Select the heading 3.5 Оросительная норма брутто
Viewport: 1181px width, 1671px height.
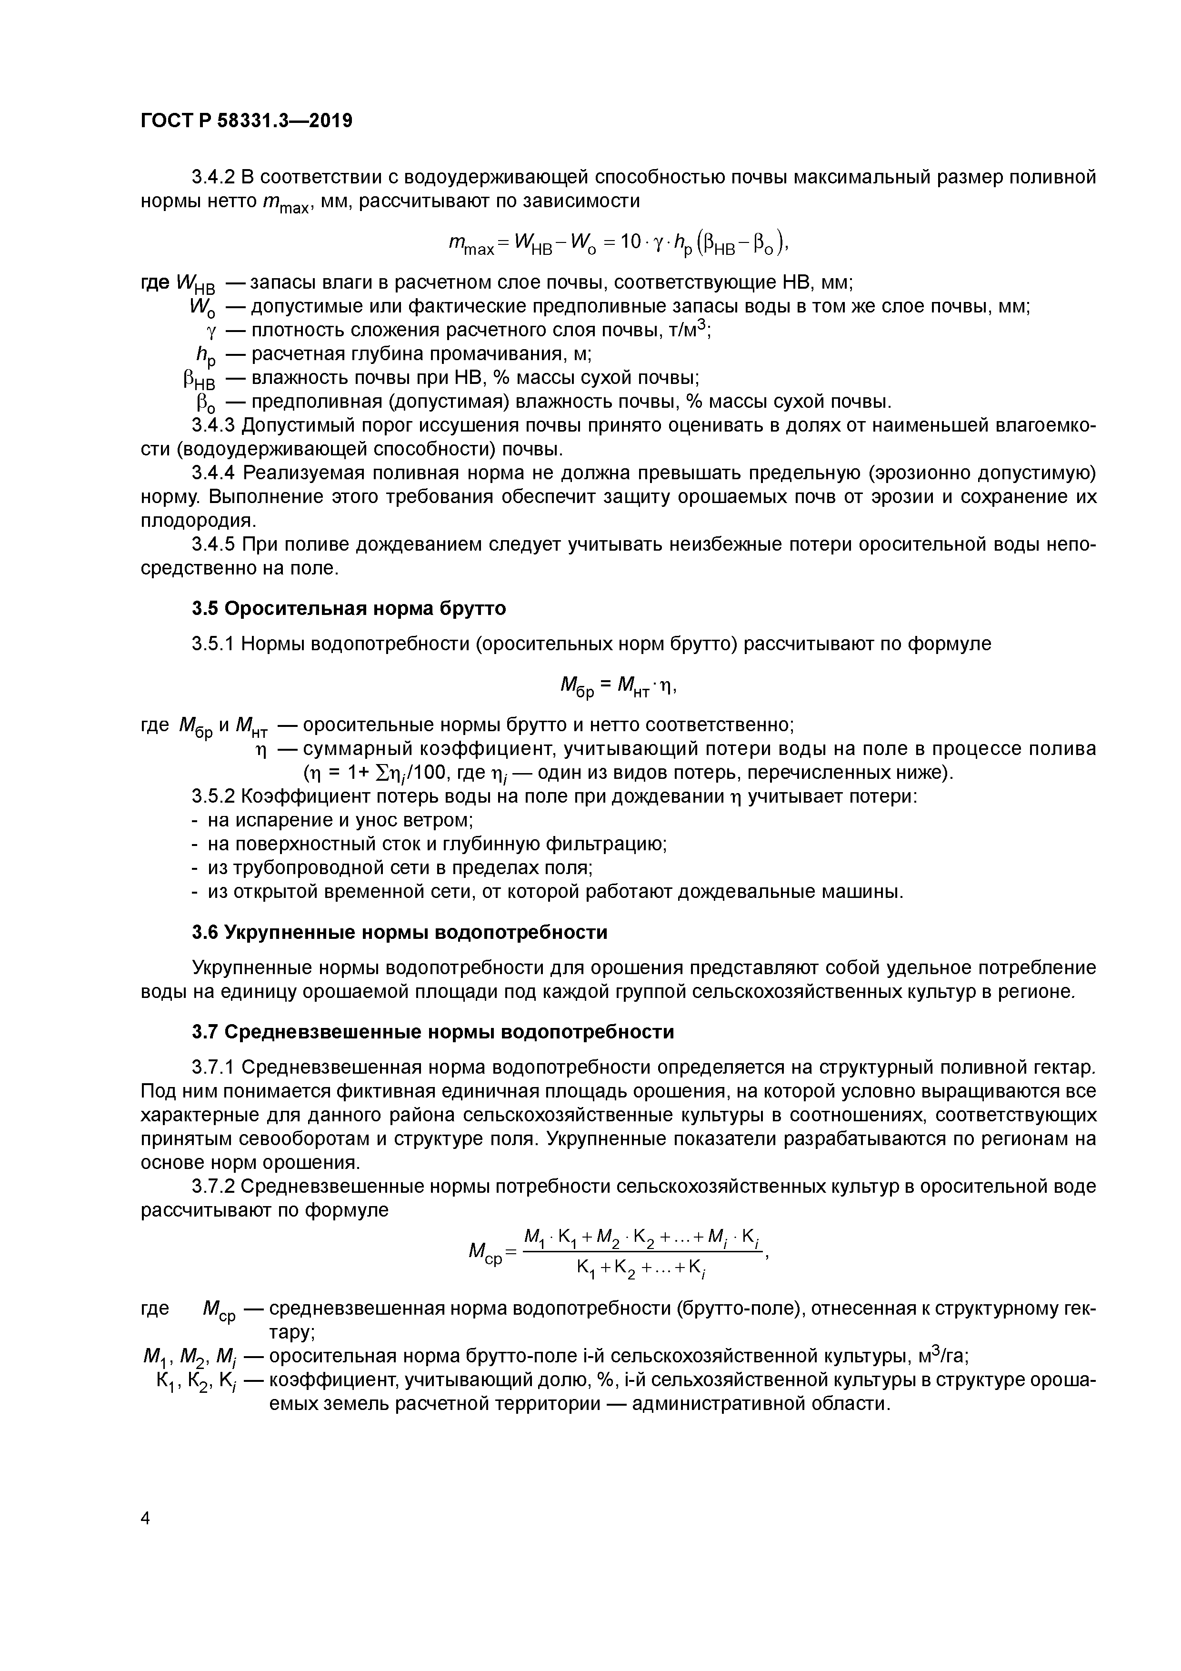349,608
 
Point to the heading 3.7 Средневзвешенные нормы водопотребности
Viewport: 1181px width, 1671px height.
432,1032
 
